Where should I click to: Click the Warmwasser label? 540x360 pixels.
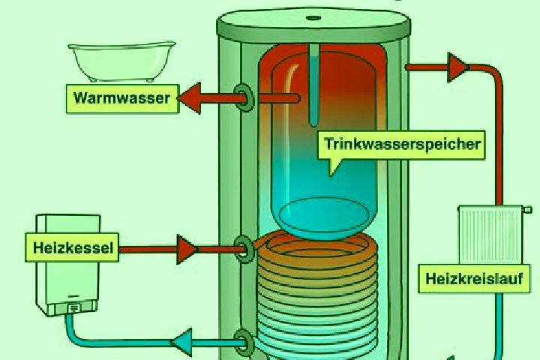click(122, 98)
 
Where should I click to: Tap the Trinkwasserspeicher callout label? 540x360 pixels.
click(400, 145)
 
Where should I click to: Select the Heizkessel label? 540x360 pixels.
click(72, 247)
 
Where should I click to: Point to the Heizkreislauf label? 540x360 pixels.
click(474, 279)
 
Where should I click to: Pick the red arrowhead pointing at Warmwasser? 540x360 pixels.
click(189, 98)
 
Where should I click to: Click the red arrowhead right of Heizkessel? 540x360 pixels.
click(187, 249)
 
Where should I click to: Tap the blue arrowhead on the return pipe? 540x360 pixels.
click(181, 343)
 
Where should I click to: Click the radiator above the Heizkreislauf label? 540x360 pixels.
click(490, 235)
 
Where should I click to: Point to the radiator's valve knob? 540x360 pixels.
click(527, 209)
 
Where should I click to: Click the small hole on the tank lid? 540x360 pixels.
click(313, 17)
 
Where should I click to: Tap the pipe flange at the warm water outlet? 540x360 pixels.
click(244, 97)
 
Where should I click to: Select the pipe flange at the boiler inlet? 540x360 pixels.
click(244, 250)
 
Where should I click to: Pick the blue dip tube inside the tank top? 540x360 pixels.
click(313, 85)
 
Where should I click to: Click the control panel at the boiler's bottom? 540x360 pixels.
click(71, 308)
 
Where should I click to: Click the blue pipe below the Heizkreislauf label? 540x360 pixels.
click(499, 325)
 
